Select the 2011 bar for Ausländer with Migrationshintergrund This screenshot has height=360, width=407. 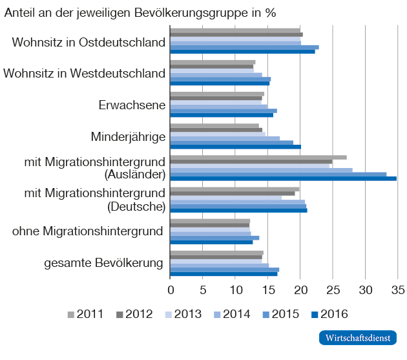click(258, 157)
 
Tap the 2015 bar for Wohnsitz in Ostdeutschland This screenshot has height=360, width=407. click(244, 47)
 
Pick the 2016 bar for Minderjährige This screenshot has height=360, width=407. click(235, 147)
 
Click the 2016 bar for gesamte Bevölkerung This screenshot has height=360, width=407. click(224, 273)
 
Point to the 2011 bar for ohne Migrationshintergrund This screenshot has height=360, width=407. click(209, 221)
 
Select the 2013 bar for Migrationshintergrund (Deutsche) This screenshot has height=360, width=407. click(225, 198)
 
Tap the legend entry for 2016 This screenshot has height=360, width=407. click(329, 315)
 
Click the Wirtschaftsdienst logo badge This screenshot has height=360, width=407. click(357, 338)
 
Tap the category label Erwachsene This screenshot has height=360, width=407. click(132, 105)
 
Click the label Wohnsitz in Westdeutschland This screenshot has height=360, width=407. click(85, 73)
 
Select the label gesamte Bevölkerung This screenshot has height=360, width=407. click(103, 263)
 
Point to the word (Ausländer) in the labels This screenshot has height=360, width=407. click(135, 175)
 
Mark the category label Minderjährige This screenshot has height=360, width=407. click(128, 136)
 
